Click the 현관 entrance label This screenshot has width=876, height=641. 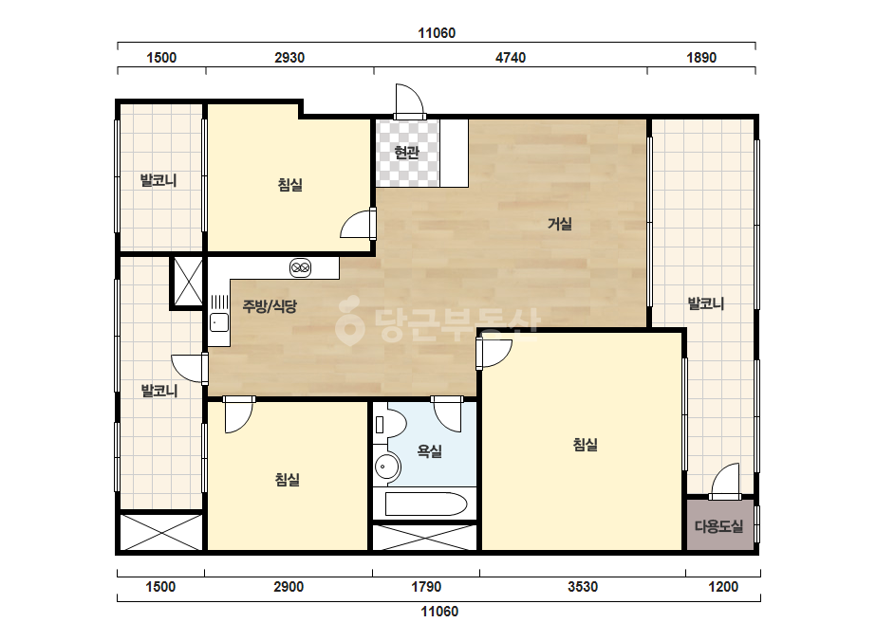406,152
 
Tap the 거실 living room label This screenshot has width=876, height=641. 559,224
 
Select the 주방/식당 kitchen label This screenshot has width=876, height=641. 270,306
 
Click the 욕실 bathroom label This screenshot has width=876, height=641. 430,451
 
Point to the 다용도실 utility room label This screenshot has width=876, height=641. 719,526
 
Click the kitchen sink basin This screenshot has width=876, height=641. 218,322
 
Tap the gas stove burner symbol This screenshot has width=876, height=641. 301,268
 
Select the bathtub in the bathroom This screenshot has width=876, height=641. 426,504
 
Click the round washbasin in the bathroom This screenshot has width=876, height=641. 386,466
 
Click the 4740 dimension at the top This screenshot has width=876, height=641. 510,58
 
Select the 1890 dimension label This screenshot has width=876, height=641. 701,58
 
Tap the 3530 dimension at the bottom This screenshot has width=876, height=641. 583,587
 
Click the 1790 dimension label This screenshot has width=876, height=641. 426,587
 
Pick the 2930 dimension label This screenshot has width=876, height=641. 289,58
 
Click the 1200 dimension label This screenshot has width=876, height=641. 723,587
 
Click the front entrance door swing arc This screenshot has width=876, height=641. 415,93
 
